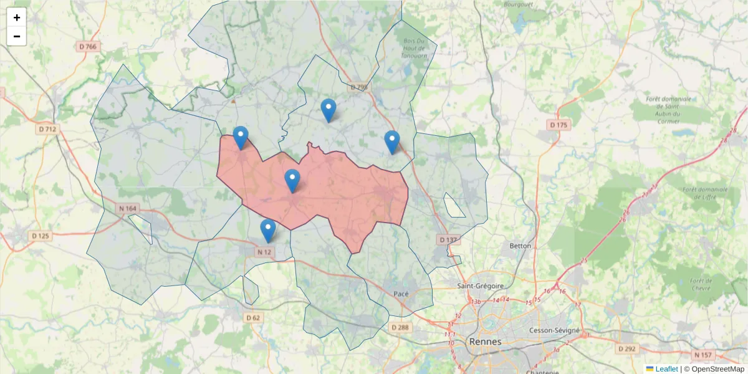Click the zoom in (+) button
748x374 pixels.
[x=17, y=17]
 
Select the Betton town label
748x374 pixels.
[x=520, y=246]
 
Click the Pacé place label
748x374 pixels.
[x=401, y=294]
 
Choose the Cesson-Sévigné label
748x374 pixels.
[x=554, y=330]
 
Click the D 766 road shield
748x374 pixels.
[x=88, y=47]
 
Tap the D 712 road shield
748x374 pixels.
[x=47, y=130]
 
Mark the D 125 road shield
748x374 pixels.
[x=40, y=236]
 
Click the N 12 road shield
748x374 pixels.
[x=264, y=252]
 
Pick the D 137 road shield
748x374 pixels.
[x=448, y=239]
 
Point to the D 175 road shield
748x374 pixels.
[x=559, y=125]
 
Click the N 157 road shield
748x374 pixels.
[x=702, y=355]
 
